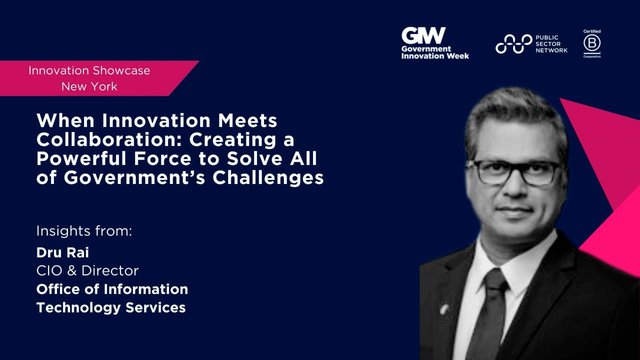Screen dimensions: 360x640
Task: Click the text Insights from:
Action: (x=83, y=231)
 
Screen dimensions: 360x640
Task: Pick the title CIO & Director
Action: (x=83, y=269)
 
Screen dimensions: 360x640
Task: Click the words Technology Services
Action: (x=110, y=307)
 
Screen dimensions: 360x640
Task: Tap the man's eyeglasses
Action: (x=514, y=169)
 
